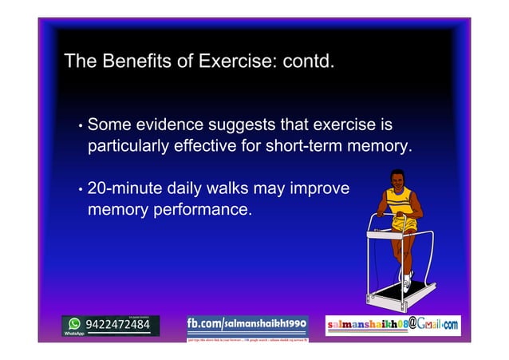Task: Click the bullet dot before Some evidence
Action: coord(81,127)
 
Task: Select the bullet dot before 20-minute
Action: coord(81,191)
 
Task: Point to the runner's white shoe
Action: coord(408,280)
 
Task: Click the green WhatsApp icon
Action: coord(74,324)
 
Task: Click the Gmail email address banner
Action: coord(393,325)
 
